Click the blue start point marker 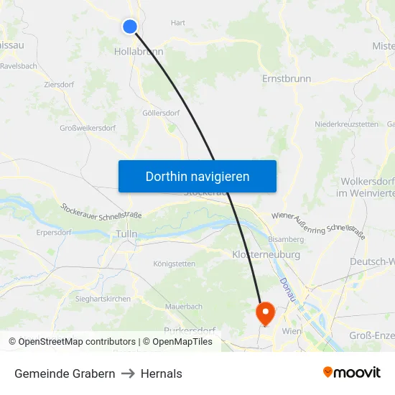130,27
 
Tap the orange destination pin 265,311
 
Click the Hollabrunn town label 139,52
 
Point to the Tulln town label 126,234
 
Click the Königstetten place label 174,264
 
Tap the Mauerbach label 183,306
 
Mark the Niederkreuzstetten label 346,124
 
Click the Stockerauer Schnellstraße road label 102,211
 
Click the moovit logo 352,372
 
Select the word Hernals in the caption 162,373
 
